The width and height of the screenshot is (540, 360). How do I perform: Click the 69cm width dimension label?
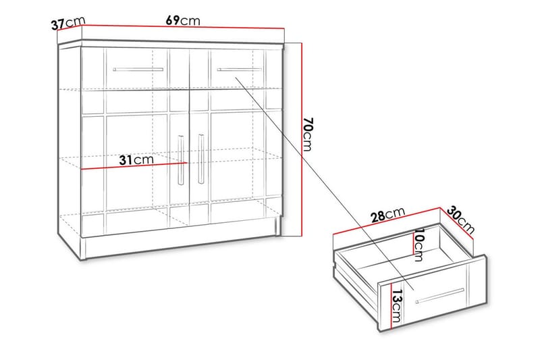click(182, 20)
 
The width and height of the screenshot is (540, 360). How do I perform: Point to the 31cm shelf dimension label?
click(135, 160)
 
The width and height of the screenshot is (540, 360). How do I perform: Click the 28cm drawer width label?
click(387, 215)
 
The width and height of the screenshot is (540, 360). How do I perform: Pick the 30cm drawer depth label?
click(462, 220)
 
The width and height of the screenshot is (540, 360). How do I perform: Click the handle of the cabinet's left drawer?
click(138, 69)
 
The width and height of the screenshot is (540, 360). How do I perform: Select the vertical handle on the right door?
click(200, 159)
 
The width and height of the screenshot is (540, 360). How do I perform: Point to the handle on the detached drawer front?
click(439, 296)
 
